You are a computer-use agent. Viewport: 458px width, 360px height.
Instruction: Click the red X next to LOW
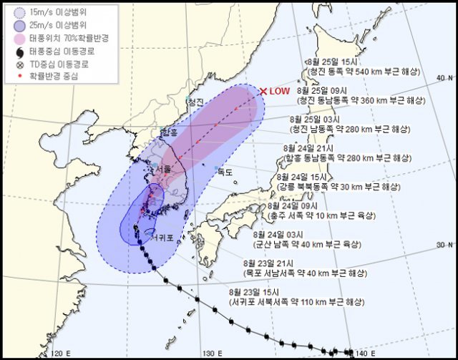(x=263, y=91)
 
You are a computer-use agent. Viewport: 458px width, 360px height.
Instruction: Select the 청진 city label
(x=195, y=102)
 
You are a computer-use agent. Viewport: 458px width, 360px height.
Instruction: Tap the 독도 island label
(x=226, y=171)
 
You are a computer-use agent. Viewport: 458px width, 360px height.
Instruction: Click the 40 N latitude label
(x=445, y=77)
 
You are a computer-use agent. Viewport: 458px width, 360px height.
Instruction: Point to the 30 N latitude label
(x=445, y=245)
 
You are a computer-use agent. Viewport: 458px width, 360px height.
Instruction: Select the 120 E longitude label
(x=63, y=353)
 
